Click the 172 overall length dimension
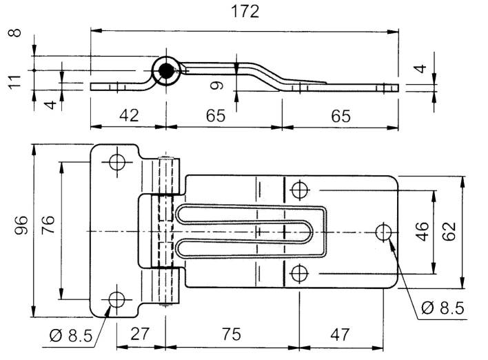[245, 12]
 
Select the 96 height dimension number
[21, 225]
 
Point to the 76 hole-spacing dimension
[48, 225]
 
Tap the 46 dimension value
[422, 232]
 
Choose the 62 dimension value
[449, 232]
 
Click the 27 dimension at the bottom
[140, 334]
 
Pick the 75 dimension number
[231, 334]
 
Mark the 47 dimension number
[340, 334]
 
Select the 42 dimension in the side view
[129, 116]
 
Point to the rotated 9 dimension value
[217, 85]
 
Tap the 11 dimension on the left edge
[14, 82]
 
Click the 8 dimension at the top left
[14, 32]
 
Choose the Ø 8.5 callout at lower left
[71, 336]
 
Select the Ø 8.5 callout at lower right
[443, 308]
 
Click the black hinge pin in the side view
[167, 71]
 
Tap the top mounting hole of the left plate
[117, 162]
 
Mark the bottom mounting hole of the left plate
[117, 299]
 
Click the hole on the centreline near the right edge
[383, 232]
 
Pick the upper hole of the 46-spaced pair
[299, 190]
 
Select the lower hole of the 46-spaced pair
[299, 273]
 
